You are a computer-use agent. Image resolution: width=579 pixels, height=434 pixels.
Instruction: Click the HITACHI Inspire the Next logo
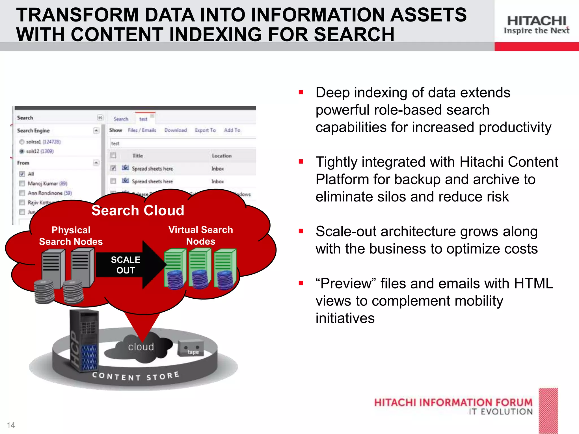[x=536, y=25]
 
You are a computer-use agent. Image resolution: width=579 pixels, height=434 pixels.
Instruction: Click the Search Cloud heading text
[x=138, y=211]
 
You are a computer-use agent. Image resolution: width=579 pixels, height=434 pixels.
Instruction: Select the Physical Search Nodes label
[x=71, y=236]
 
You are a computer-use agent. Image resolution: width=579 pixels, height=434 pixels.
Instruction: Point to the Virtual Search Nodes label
[x=201, y=235]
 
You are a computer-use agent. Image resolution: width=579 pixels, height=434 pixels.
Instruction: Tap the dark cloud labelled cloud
[x=140, y=348]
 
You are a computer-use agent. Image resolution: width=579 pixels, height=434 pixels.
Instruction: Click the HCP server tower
[x=84, y=339]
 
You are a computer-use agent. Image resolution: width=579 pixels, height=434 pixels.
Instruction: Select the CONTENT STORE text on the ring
[x=136, y=376]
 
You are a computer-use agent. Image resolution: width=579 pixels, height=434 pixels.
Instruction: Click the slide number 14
[x=11, y=425]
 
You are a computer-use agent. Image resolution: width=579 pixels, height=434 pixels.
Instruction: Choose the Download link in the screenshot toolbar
[x=176, y=130]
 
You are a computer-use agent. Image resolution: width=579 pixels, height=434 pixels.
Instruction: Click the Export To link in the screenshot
[x=205, y=130]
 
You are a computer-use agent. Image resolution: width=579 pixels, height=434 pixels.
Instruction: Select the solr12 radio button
[x=22, y=151]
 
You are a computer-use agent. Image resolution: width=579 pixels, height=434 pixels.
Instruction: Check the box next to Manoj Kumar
[x=22, y=184]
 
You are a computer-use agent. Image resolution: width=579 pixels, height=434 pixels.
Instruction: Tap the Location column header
[x=222, y=156]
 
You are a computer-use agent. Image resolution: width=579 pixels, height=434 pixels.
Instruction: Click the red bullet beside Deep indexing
[x=301, y=92]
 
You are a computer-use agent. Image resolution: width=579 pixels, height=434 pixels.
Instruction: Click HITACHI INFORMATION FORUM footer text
[x=453, y=402]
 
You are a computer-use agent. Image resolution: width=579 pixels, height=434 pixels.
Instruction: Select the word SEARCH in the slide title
[x=354, y=34]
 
